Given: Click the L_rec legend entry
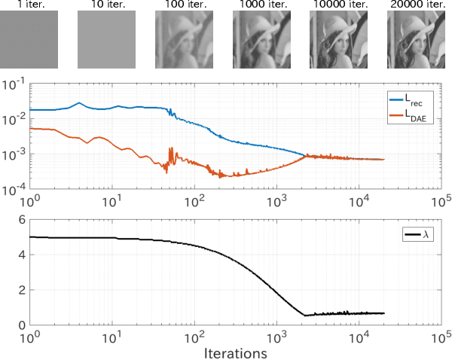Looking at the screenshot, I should (413, 98).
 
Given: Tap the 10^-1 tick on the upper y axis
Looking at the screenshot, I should (16, 83).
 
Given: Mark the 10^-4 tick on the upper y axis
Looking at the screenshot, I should (16, 190).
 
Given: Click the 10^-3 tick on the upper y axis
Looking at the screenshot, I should (16, 154).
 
